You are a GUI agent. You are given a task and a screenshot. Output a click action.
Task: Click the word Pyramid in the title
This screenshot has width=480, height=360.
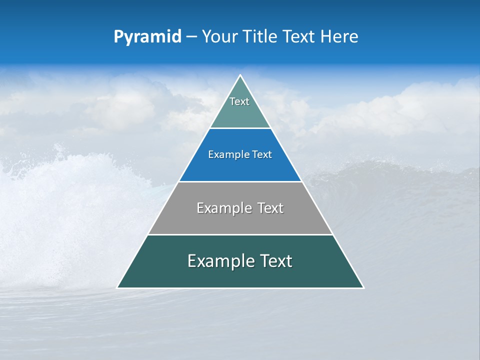(147, 37)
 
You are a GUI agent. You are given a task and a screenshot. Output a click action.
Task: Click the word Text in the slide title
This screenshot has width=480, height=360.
(299, 37)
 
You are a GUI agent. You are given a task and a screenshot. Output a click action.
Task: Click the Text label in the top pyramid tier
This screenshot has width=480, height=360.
(239, 101)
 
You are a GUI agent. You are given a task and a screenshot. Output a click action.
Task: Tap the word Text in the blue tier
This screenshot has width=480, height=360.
(262, 154)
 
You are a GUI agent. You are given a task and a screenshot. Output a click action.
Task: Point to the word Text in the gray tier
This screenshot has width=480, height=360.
(270, 208)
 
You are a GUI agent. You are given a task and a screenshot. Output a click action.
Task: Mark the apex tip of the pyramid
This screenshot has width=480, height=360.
(240, 75)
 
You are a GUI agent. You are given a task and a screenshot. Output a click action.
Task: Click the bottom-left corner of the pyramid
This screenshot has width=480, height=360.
(117, 287)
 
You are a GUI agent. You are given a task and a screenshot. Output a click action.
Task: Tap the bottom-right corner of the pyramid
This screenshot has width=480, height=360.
(363, 287)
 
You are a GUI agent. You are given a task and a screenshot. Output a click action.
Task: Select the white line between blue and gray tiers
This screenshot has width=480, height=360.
(240, 181)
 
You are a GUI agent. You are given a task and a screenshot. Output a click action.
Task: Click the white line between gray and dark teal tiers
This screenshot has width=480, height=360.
(240, 234)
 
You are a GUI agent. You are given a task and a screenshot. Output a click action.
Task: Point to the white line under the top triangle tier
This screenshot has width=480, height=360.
(240, 128)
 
